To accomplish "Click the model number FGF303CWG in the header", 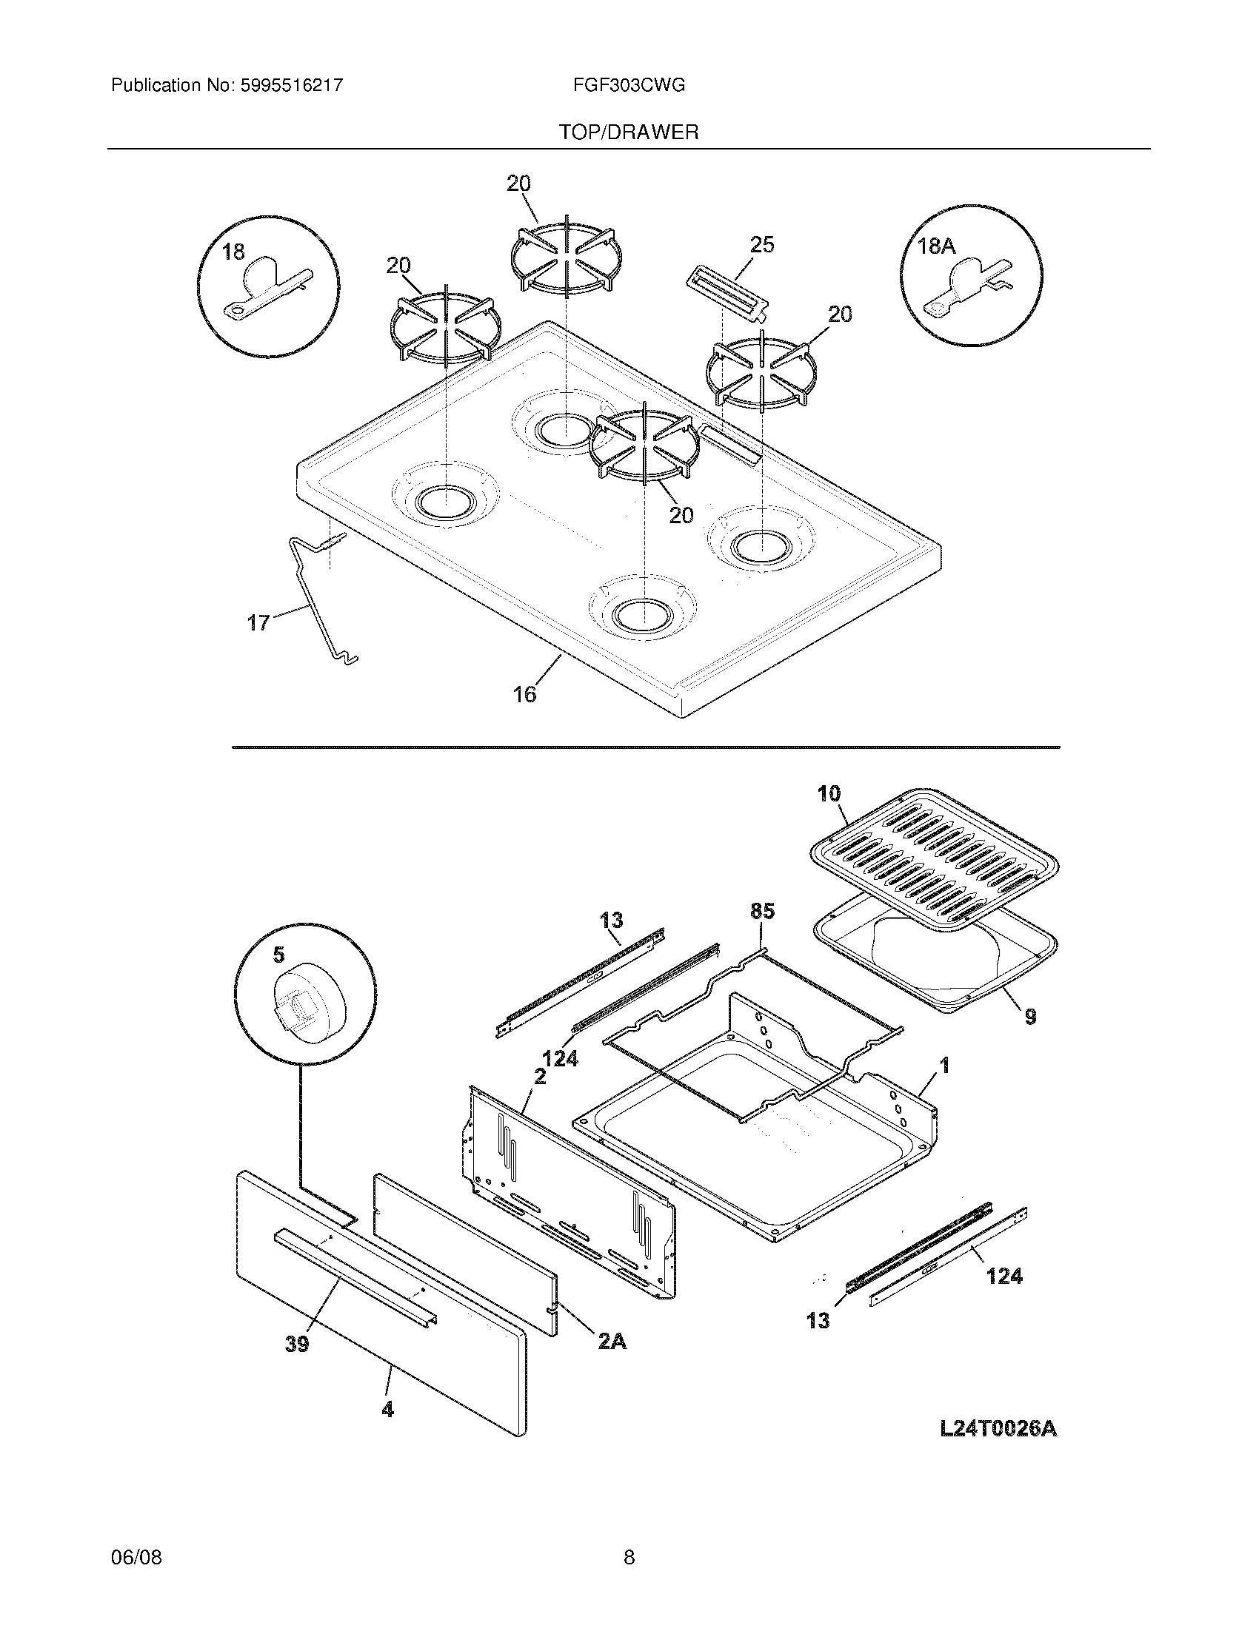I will (629, 86).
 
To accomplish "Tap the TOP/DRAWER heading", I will (629, 132).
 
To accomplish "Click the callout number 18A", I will (936, 246).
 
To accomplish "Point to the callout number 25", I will (761, 244).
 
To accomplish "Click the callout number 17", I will (258, 622).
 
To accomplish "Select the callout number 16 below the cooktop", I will (524, 695).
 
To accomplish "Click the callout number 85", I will (762, 911).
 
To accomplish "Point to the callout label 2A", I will (611, 1341).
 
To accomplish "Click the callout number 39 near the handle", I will (297, 1344).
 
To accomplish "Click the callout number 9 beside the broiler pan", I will (1030, 1016).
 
